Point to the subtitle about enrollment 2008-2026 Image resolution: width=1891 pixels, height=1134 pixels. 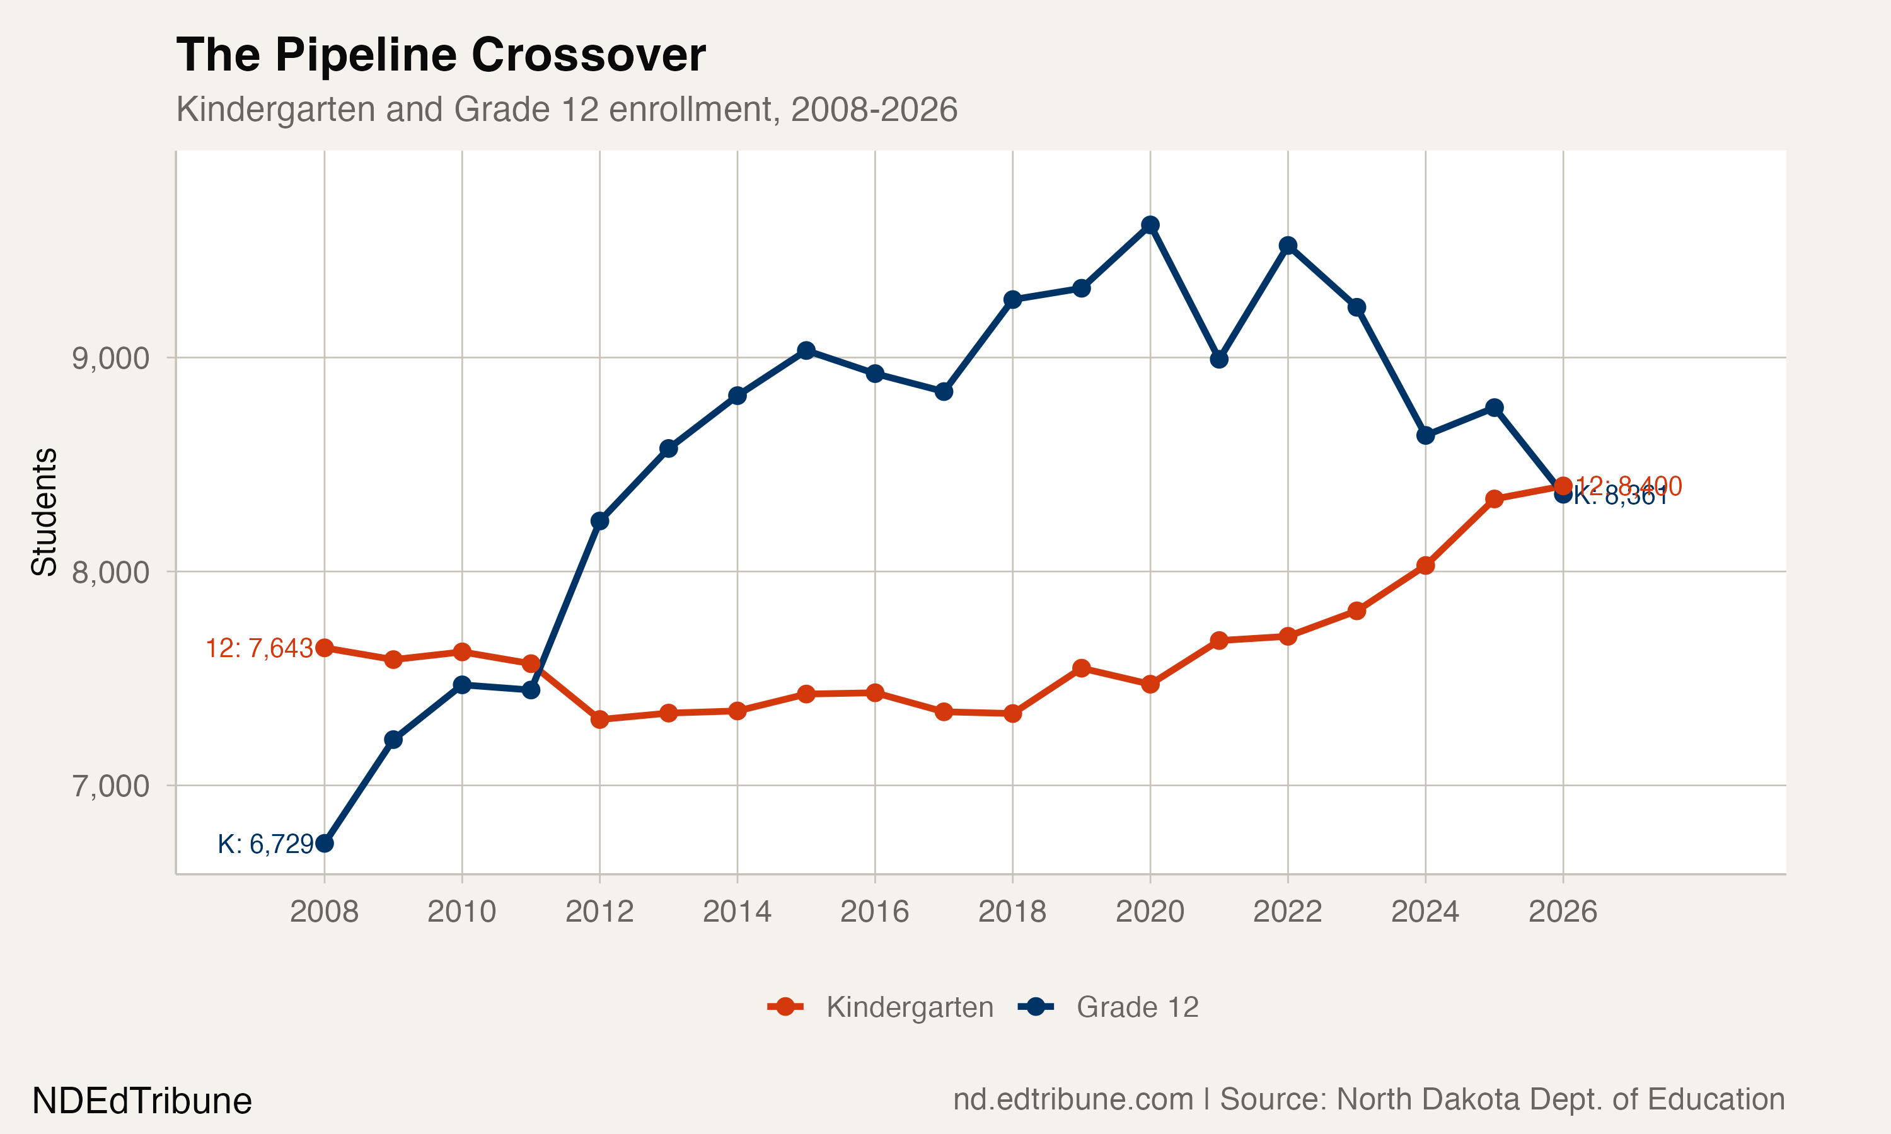click(x=567, y=109)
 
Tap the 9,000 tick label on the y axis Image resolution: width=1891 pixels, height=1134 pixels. click(x=110, y=358)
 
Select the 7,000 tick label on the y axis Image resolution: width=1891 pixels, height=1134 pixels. click(x=110, y=786)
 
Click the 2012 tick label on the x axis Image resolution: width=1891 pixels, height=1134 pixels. click(x=599, y=911)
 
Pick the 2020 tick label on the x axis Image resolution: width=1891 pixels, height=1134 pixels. click(x=1150, y=911)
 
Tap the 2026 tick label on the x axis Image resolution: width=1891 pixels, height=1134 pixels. click(x=1563, y=911)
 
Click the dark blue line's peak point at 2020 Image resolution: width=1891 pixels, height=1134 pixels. click(x=1150, y=225)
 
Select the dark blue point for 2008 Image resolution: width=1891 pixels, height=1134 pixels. click(x=324, y=843)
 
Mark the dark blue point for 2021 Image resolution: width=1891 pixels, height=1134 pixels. click(x=1219, y=359)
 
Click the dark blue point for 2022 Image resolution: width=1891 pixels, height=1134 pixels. click(x=1288, y=245)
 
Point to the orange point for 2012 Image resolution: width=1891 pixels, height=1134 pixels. click(x=599, y=719)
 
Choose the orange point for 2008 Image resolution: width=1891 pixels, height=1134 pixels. click(x=324, y=648)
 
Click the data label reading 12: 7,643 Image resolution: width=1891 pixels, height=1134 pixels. click(x=259, y=649)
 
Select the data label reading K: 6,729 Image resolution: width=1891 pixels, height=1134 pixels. click(x=265, y=844)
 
